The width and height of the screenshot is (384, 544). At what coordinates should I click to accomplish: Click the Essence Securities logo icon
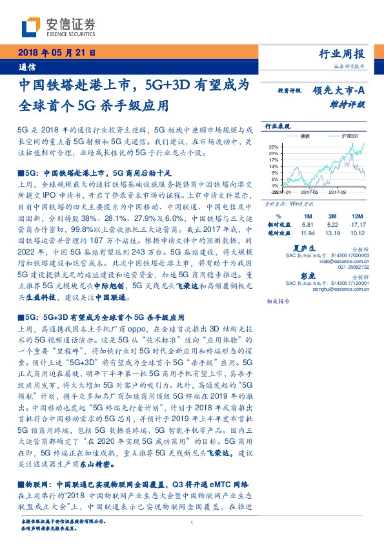32,26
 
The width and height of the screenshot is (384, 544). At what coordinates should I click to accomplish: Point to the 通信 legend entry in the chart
306,136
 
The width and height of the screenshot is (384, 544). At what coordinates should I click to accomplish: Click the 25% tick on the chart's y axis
274,146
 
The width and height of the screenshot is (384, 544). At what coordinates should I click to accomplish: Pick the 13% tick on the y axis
274,166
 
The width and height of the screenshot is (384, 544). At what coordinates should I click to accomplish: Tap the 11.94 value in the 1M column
307,233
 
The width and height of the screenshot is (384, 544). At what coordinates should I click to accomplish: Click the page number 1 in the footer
192,525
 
